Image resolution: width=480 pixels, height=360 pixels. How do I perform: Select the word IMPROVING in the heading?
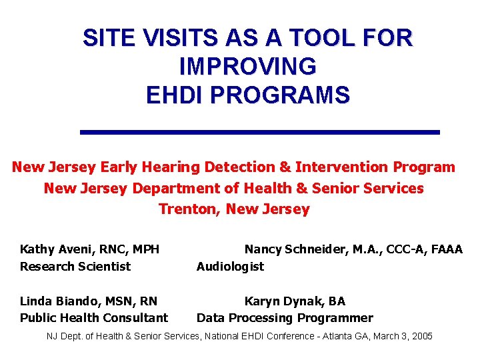point(248,67)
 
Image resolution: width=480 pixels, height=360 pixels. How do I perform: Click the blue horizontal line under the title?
point(260,132)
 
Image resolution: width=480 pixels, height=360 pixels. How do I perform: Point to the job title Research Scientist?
point(75,267)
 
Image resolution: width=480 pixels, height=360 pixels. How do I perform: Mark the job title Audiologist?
point(230,267)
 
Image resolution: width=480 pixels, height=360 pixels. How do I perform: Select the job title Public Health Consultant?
point(94,318)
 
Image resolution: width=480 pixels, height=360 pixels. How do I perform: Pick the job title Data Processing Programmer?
point(285,318)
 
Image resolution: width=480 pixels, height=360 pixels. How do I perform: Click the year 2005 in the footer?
point(422,337)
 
